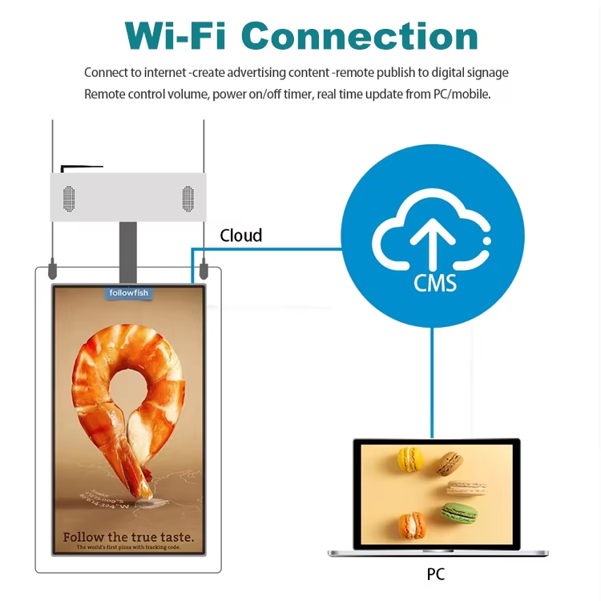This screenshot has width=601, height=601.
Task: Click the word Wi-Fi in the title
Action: coord(175,35)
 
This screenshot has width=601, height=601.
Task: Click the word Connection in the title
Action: coord(360,35)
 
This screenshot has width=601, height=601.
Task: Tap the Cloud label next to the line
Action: coord(241,235)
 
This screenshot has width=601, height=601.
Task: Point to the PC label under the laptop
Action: coord(435,574)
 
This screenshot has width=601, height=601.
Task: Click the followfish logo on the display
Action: coord(129,293)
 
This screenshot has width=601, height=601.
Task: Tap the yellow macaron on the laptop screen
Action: coord(410,459)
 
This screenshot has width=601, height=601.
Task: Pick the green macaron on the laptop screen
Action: coord(458,512)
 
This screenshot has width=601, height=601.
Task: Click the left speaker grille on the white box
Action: coord(69,198)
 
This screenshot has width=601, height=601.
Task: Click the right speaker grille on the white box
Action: coord(188,198)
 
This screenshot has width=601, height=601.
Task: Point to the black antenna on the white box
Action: coord(80,167)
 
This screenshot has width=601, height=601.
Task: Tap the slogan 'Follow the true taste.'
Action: coord(129,536)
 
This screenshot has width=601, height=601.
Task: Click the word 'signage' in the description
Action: coord(483,73)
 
